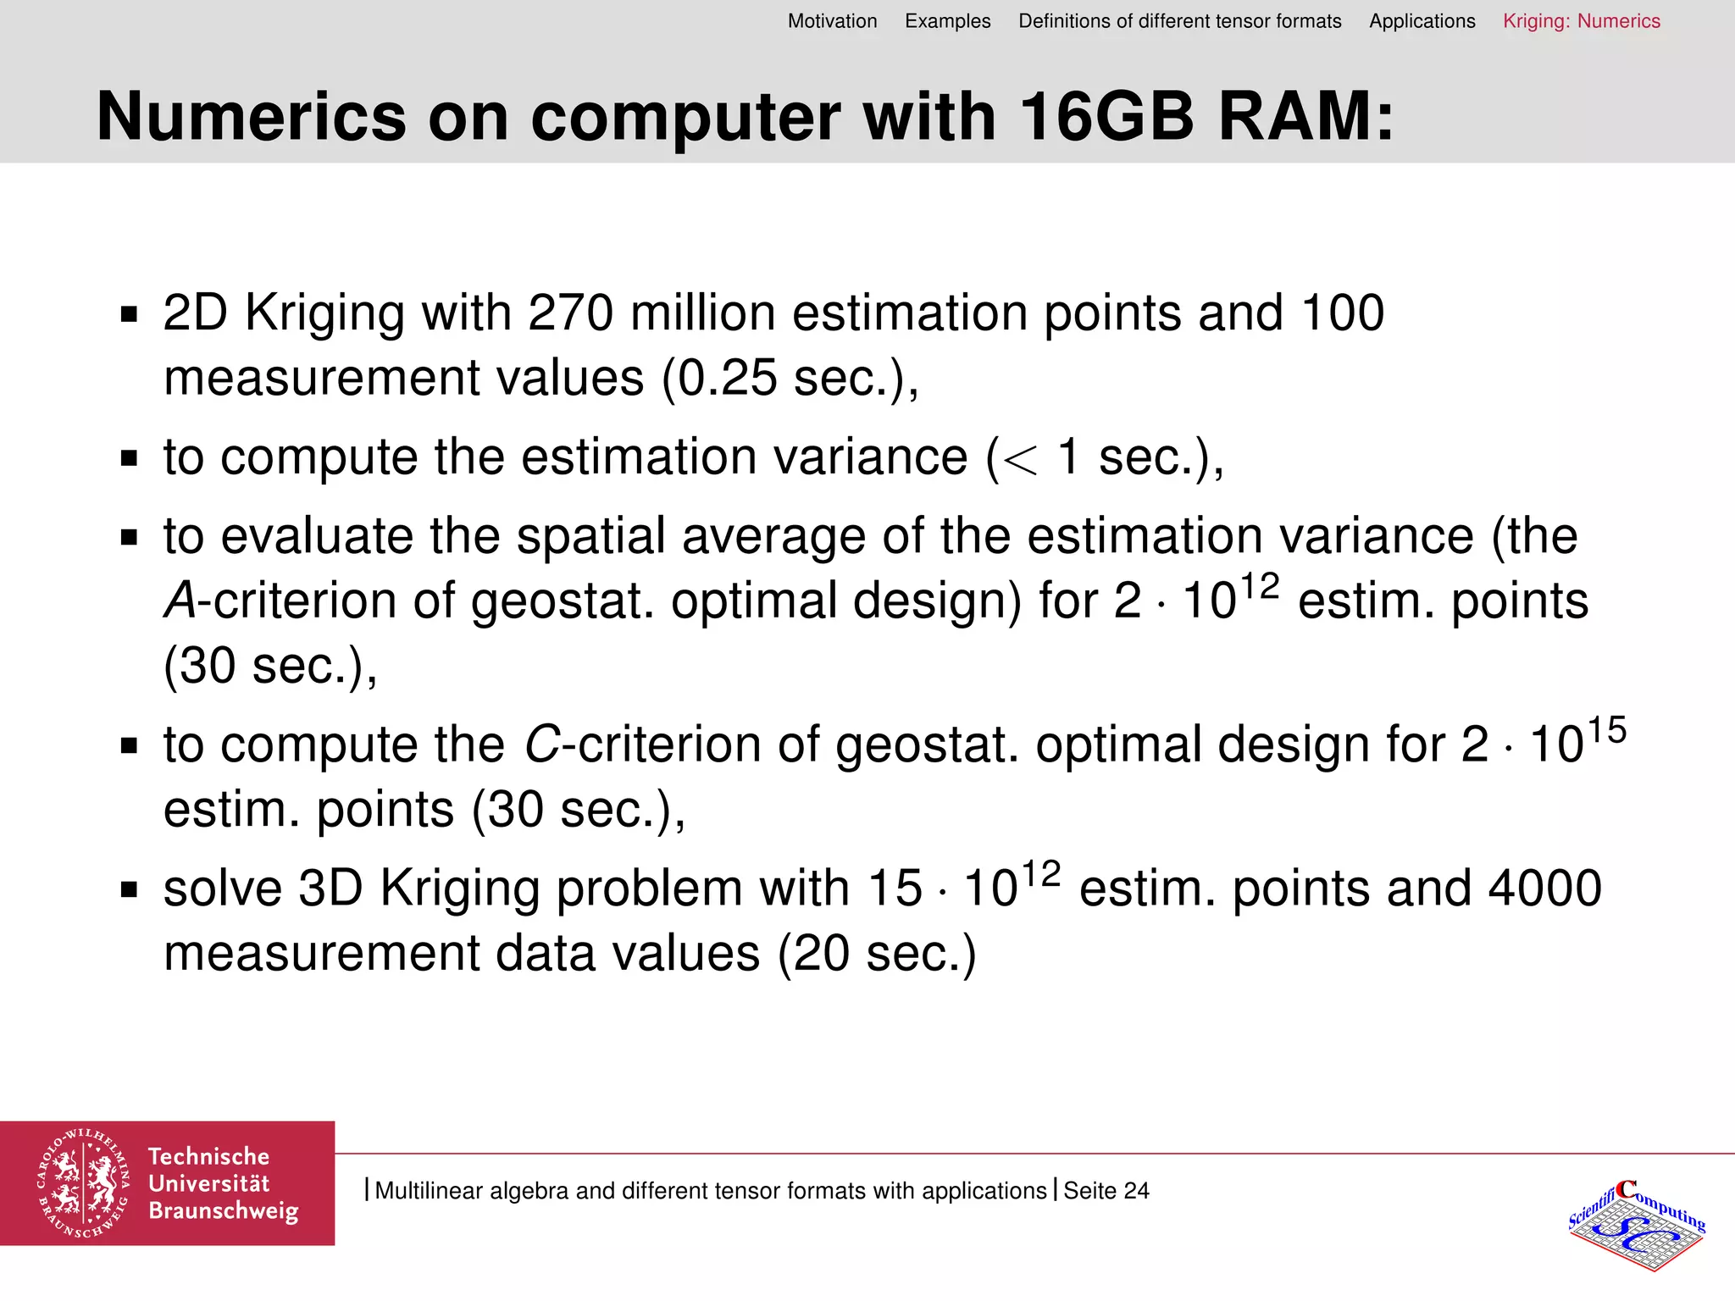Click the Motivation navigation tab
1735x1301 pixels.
click(x=832, y=21)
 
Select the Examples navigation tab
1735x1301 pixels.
click(x=947, y=21)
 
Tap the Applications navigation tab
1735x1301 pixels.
click(x=1422, y=21)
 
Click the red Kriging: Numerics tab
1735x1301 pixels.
click(x=1581, y=21)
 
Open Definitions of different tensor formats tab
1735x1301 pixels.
click(x=1179, y=21)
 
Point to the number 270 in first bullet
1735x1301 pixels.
click(x=570, y=313)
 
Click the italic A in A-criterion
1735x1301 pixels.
click(x=180, y=601)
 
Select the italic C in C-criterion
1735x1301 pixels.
click(x=541, y=745)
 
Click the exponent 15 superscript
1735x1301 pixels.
click(x=1607, y=730)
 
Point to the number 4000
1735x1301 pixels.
click(x=1544, y=889)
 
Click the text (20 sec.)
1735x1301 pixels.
click(x=877, y=954)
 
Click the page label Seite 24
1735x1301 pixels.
click(x=1106, y=1191)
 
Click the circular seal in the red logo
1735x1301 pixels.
click(x=83, y=1183)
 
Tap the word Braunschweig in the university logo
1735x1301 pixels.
click(x=223, y=1211)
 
